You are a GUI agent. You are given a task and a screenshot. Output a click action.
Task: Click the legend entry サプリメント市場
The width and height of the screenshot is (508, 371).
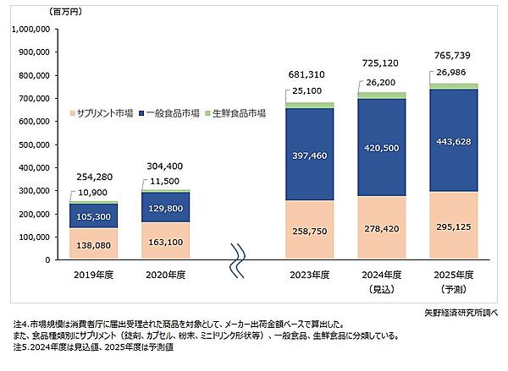click(102, 113)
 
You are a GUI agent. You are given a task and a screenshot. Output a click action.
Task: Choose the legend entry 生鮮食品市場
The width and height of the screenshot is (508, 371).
click(240, 113)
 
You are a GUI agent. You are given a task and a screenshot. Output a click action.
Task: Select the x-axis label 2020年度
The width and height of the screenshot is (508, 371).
click(164, 275)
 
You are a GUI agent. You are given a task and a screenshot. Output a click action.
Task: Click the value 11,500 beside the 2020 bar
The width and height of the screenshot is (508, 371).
click(165, 182)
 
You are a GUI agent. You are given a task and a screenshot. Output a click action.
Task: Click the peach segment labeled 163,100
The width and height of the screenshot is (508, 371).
click(164, 241)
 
